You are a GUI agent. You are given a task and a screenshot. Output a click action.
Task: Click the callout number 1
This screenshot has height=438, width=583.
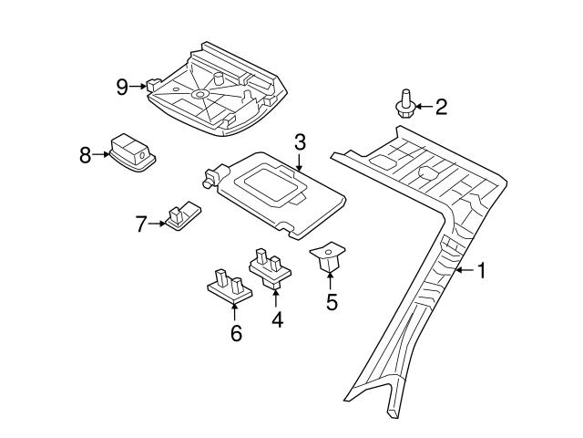pyautogui.click(x=483, y=270)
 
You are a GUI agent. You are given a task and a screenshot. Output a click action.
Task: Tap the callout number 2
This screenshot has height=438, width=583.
pyautogui.click(x=441, y=108)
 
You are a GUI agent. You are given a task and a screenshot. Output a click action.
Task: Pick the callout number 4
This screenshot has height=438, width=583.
pyautogui.click(x=276, y=319)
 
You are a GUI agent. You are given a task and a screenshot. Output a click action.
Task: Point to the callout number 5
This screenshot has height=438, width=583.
pyautogui.click(x=332, y=301)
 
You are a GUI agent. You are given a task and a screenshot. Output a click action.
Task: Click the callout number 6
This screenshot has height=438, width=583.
pyautogui.click(x=236, y=333)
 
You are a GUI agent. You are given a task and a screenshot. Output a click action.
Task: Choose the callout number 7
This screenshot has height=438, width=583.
pyautogui.click(x=141, y=223)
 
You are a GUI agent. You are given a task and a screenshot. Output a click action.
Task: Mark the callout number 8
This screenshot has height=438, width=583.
pyautogui.click(x=86, y=155)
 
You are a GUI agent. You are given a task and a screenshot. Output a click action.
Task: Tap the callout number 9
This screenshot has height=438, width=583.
pyautogui.click(x=122, y=87)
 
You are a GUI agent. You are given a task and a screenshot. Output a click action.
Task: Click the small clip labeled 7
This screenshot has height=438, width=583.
pyautogui.click(x=182, y=215)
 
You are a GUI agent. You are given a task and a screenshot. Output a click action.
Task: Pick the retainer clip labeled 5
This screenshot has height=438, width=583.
pyautogui.click(x=329, y=256)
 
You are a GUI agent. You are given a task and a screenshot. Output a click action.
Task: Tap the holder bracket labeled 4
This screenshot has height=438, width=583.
pyautogui.click(x=270, y=268)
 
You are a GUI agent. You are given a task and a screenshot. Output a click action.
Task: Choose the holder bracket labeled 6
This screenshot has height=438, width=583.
pyautogui.click(x=229, y=286)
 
